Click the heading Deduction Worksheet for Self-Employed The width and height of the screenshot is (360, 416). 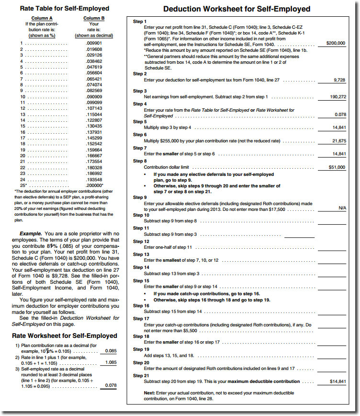(x=236, y=9)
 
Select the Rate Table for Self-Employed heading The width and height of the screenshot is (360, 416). (x=65, y=8)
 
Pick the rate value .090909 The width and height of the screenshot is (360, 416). (x=94, y=97)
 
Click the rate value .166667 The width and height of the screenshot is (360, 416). (x=94, y=156)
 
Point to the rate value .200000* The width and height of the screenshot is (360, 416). (x=95, y=185)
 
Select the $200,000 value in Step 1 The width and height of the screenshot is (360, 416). (x=335, y=43)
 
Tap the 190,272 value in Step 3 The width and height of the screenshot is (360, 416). (x=337, y=97)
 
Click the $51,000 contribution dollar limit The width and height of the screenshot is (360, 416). (x=335, y=167)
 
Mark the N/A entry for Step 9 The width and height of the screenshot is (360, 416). (x=342, y=208)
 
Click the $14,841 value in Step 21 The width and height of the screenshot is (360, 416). (x=337, y=381)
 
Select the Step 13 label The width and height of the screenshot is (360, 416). (x=140, y=254)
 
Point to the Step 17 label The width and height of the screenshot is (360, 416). (x=140, y=319)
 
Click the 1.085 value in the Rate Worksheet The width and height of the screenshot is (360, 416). (x=110, y=363)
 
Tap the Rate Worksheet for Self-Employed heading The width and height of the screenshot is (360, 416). (x=64, y=335)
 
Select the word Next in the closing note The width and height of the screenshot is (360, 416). (x=149, y=393)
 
